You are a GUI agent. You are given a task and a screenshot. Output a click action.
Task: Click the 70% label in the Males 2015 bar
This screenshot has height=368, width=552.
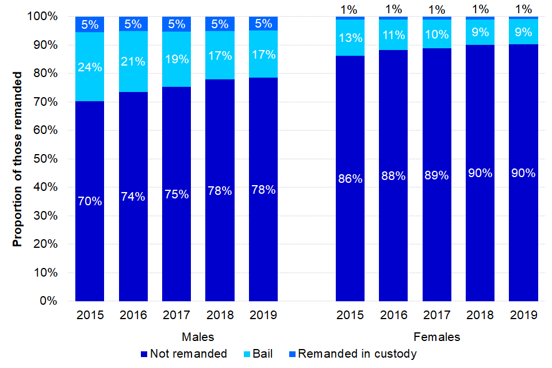(90, 201)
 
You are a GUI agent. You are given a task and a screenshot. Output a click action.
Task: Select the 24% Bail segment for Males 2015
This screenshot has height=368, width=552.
(90, 67)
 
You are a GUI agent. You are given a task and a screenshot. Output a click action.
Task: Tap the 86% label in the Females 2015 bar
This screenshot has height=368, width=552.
(350, 178)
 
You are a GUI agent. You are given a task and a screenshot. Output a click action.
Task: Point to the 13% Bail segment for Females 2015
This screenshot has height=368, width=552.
(350, 38)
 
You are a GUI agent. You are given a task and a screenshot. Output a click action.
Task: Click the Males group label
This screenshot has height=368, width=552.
(198, 336)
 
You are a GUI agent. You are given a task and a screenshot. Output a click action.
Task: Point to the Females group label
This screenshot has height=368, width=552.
(437, 336)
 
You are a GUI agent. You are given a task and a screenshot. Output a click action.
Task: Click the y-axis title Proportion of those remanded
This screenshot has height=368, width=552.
(18, 159)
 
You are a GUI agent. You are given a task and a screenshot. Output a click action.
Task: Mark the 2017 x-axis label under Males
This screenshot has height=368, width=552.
(177, 315)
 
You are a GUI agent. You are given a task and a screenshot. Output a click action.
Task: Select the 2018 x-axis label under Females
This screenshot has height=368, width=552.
(480, 315)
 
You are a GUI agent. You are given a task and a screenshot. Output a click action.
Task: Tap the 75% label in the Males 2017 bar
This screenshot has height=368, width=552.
(177, 194)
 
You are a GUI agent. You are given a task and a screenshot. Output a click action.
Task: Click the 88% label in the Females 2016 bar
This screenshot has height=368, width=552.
(394, 176)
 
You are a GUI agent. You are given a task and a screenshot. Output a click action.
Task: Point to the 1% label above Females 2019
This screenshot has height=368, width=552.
(523, 9)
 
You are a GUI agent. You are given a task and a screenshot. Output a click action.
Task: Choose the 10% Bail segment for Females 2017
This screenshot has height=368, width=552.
(437, 34)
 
